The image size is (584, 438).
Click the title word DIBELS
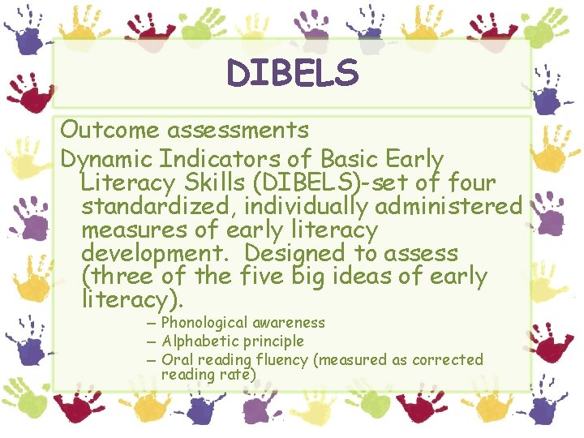[x=292, y=73]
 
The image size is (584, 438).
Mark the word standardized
[x=157, y=206]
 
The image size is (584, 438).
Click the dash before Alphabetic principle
[x=152, y=341]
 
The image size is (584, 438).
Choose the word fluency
[x=275, y=359]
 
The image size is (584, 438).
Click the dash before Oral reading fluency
[x=152, y=359]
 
